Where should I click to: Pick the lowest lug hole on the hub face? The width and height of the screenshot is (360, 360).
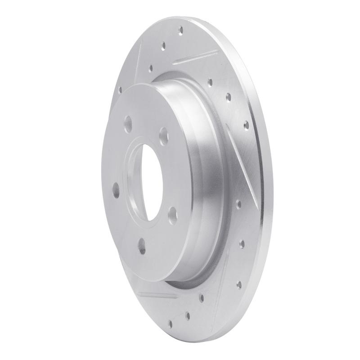(x=142, y=246)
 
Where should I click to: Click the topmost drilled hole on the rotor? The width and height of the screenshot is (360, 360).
(x=181, y=31)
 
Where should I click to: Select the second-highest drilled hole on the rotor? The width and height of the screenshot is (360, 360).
(x=164, y=45)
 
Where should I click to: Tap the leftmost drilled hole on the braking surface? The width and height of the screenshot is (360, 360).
(x=120, y=89)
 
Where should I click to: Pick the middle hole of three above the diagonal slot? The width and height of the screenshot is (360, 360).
(x=228, y=96)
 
